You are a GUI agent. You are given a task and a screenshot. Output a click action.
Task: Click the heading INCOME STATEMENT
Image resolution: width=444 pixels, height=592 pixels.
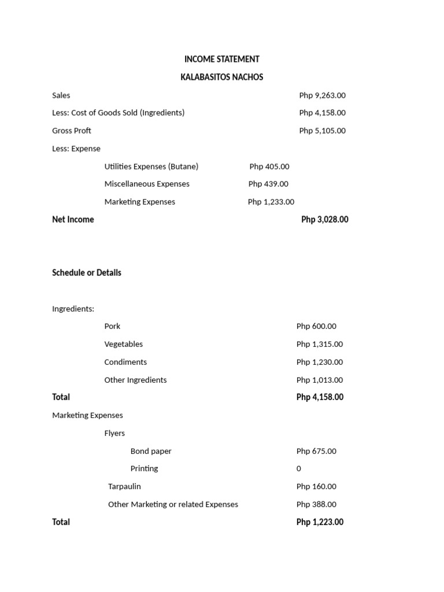click(221, 59)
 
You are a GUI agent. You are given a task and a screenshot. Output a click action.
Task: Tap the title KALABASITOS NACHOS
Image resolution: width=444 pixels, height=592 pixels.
click(221, 77)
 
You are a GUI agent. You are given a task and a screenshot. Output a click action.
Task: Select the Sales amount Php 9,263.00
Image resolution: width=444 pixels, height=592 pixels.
click(322, 95)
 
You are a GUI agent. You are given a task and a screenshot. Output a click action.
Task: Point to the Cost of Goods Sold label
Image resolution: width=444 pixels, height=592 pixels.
click(118, 113)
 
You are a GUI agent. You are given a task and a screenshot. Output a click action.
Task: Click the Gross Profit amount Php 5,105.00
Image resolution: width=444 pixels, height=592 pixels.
click(322, 131)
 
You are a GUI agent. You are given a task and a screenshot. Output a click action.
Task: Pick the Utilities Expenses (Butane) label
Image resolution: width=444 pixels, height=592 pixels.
click(151, 166)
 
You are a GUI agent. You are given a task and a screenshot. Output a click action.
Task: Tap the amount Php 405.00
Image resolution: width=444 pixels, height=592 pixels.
click(269, 166)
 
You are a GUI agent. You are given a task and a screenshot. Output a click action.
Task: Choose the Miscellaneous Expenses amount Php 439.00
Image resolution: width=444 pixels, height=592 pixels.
click(268, 184)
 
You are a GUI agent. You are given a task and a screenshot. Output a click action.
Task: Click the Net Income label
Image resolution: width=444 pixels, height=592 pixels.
click(73, 220)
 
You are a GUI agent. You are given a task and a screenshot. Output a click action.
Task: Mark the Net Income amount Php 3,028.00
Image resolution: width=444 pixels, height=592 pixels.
click(324, 220)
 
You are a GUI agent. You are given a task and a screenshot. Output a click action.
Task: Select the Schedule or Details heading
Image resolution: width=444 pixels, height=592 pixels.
click(87, 273)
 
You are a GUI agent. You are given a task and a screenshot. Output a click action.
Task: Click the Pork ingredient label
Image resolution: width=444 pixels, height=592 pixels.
click(112, 326)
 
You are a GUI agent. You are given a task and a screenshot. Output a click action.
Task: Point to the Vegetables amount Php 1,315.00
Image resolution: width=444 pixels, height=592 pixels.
click(319, 344)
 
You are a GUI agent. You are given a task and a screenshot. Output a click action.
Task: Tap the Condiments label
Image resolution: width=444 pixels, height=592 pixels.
click(125, 362)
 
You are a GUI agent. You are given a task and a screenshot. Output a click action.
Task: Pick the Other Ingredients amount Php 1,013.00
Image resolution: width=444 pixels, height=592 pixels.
click(319, 380)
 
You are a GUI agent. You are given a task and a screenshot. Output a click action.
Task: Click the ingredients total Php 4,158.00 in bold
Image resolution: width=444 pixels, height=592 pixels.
click(320, 397)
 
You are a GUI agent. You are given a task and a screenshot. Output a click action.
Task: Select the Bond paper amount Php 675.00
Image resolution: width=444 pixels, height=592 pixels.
click(316, 451)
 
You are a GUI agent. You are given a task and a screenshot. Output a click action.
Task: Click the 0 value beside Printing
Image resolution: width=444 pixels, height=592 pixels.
click(299, 468)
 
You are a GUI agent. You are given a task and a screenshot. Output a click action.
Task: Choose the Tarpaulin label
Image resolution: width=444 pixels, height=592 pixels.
click(124, 486)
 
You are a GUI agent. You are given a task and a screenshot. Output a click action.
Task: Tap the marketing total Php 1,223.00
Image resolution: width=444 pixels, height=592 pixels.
click(320, 522)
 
